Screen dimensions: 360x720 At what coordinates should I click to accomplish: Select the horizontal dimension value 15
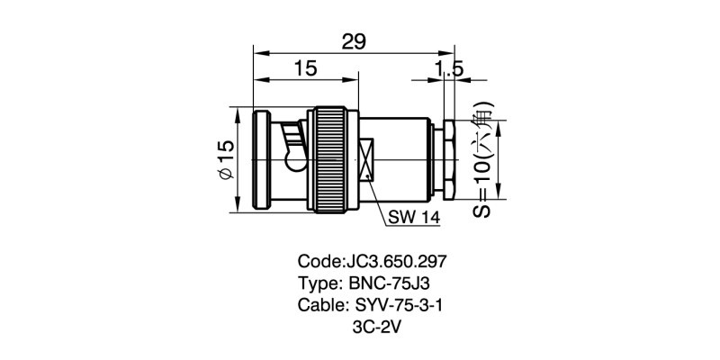[x=304, y=69]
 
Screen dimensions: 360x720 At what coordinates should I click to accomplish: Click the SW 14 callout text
[x=415, y=217]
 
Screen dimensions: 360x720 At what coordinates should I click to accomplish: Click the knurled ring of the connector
[x=329, y=160]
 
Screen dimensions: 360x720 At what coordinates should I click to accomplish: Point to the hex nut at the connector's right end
[x=451, y=160]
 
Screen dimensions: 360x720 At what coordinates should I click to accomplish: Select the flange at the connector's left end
[x=261, y=160]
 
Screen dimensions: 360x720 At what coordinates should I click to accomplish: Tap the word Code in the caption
[x=319, y=262]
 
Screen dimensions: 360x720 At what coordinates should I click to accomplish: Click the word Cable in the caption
[x=321, y=305]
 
